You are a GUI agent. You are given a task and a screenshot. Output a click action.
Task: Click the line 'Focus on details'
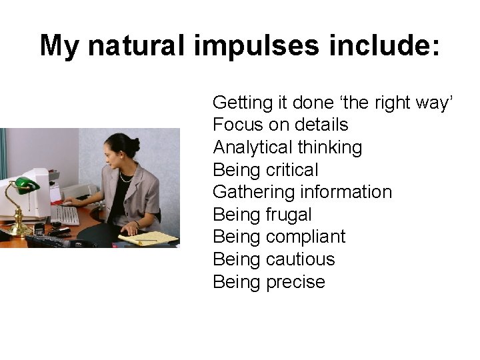pyautogui.click(x=280, y=125)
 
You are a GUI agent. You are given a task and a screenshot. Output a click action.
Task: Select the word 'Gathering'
pyautogui.click(x=253, y=192)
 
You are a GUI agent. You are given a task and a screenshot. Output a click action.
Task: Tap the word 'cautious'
pyautogui.click(x=300, y=259)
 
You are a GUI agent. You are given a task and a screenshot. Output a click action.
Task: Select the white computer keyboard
pyautogui.click(x=65, y=215)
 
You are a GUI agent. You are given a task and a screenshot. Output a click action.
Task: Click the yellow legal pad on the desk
pyautogui.click(x=157, y=238)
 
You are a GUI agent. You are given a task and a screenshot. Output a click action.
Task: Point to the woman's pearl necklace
pyautogui.click(x=125, y=177)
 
